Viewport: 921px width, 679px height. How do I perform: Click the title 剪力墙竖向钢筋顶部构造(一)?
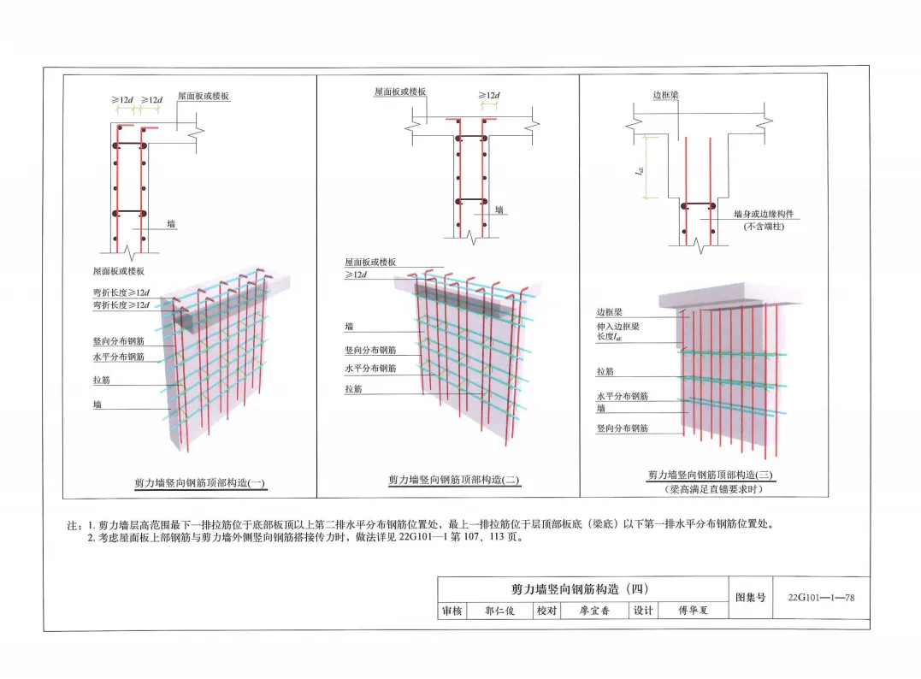pos(199,483)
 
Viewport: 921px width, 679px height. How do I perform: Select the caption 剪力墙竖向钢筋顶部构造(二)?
pos(453,481)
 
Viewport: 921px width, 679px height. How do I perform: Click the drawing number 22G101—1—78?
pos(820,597)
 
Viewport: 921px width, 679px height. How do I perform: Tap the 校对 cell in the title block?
pos(546,611)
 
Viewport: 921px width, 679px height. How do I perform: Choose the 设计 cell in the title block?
pos(642,611)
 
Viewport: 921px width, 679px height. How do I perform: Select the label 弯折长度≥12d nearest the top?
pos(121,292)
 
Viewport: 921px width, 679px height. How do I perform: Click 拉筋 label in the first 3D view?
pos(102,379)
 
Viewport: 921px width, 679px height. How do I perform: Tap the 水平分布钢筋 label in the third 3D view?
pos(622,397)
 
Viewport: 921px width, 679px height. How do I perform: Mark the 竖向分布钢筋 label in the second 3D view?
pos(370,350)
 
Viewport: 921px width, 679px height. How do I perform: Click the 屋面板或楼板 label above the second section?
pos(399,92)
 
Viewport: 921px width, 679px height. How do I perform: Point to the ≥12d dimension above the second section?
pos(489,96)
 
